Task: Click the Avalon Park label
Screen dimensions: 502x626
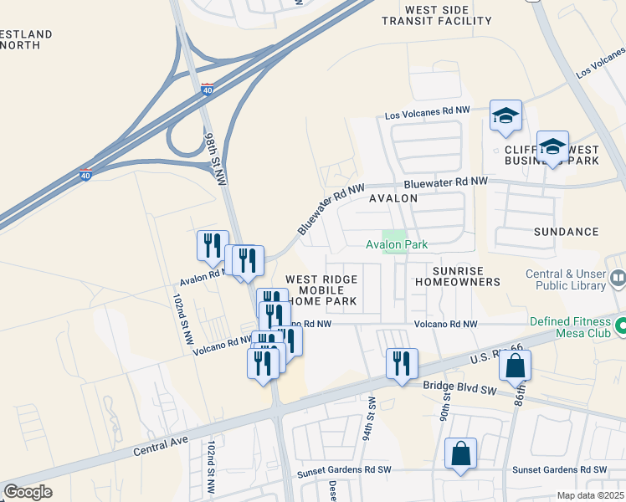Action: pos(397,244)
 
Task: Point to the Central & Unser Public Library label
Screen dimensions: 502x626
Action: pos(566,279)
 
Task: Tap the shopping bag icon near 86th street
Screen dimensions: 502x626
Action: pos(516,366)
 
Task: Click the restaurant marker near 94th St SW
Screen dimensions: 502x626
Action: pos(402,364)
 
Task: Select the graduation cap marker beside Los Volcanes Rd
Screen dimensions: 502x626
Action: pos(505,115)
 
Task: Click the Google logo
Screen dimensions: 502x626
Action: pos(28,491)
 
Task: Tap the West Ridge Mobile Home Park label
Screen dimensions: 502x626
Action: pos(321,289)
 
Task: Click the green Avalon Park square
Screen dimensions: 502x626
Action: pos(394,235)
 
